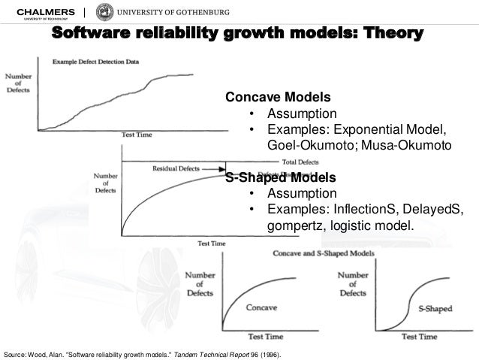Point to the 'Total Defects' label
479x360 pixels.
click(300, 162)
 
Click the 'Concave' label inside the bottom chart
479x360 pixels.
click(261, 307)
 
